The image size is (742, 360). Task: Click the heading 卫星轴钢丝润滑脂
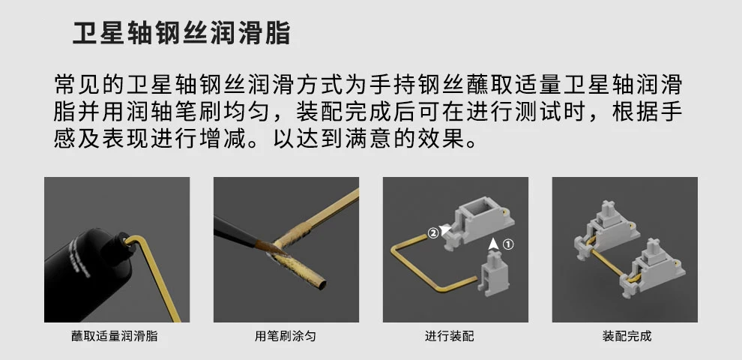tap(181, 33)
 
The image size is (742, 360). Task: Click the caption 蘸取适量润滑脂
tap(115, 336)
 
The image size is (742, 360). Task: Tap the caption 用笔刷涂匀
tap(286, 336)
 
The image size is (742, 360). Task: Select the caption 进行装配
tap(449, 336)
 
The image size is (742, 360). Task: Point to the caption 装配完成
tap(627, 336)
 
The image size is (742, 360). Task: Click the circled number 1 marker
tap(507, 244)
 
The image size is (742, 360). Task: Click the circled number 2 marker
tap(433, 233)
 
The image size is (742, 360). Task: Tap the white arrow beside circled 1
tap(494, 243)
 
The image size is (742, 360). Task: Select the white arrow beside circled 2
tap(444, 231)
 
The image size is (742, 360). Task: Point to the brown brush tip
tap(268, 246)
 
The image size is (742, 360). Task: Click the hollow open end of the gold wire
tap(321, 285)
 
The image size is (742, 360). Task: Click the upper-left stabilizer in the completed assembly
tap(606, 229)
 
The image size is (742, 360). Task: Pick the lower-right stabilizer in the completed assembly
tap(652, 269)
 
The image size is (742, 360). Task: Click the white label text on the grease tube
tap(79, 258)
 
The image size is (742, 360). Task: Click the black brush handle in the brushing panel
tap(235, 231)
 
